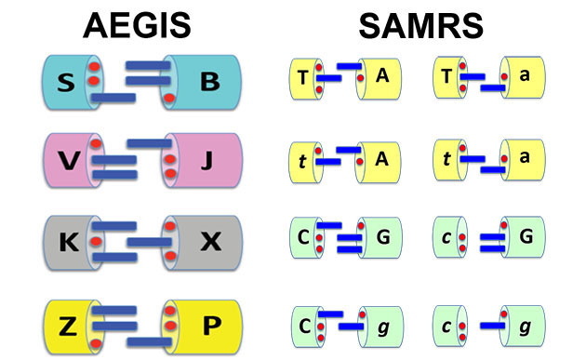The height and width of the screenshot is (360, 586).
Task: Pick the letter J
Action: (x=206, y=160)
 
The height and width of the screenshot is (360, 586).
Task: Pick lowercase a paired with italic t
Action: (x=526, y=159)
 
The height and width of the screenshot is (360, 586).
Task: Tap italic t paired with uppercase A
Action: (x=303, y=159)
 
